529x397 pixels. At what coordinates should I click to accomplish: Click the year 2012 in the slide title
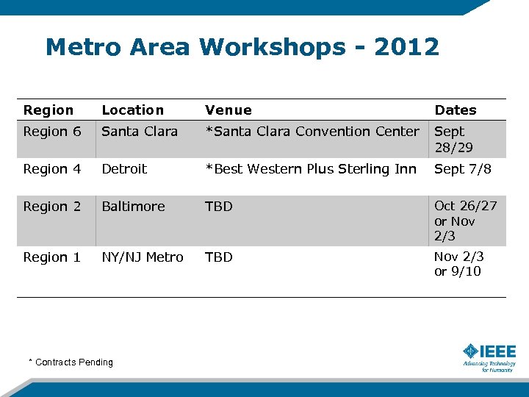pyautogui.click(x=406, y=47)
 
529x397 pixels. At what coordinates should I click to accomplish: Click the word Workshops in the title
pyautogui.click(x=272, y=47)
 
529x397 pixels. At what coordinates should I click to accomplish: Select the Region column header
pyautogui.click(x=48, y=110)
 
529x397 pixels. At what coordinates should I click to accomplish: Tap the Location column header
pyautogui.click(x=132, y=110)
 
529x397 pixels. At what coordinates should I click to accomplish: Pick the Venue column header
pyautogui.click(x=228, y=110)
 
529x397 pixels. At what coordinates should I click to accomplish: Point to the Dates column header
pyautogui.click(x=456, y=110)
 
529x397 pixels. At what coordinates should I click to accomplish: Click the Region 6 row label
pyautogui.click(x=52, y=132)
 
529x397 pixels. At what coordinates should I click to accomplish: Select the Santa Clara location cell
pyautogui.click(x=140, y=132)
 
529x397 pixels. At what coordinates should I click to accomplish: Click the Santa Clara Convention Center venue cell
pyautogui.click(x=312, y=132)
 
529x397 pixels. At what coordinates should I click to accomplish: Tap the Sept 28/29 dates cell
pyautogui.click(x=454, y=139)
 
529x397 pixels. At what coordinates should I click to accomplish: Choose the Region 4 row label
pyautogui.click(x=52, y=169)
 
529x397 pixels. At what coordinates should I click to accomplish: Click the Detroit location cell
pyautogui.click(x=124, y=169)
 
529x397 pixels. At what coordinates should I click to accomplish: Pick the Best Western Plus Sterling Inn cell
pyautogui.click(x=311, y=169)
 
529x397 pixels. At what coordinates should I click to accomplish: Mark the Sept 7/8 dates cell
pyautogui.click(x=463, y=169)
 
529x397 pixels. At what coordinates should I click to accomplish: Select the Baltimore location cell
pyautogui.click(x=133, y=207)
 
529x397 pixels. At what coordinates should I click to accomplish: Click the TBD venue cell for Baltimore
pyautogui.click(x=219, y=207)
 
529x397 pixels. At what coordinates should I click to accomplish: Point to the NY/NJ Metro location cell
pyautogui.click(x=143, y=257)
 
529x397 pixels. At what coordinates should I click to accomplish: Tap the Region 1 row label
pyautogui.click(x=52, y=257)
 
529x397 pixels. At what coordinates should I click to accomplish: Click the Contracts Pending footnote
pyautogui.click(x=71, y=362)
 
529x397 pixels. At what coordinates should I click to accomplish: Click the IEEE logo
pyautogui.click(x=489, y=356)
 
